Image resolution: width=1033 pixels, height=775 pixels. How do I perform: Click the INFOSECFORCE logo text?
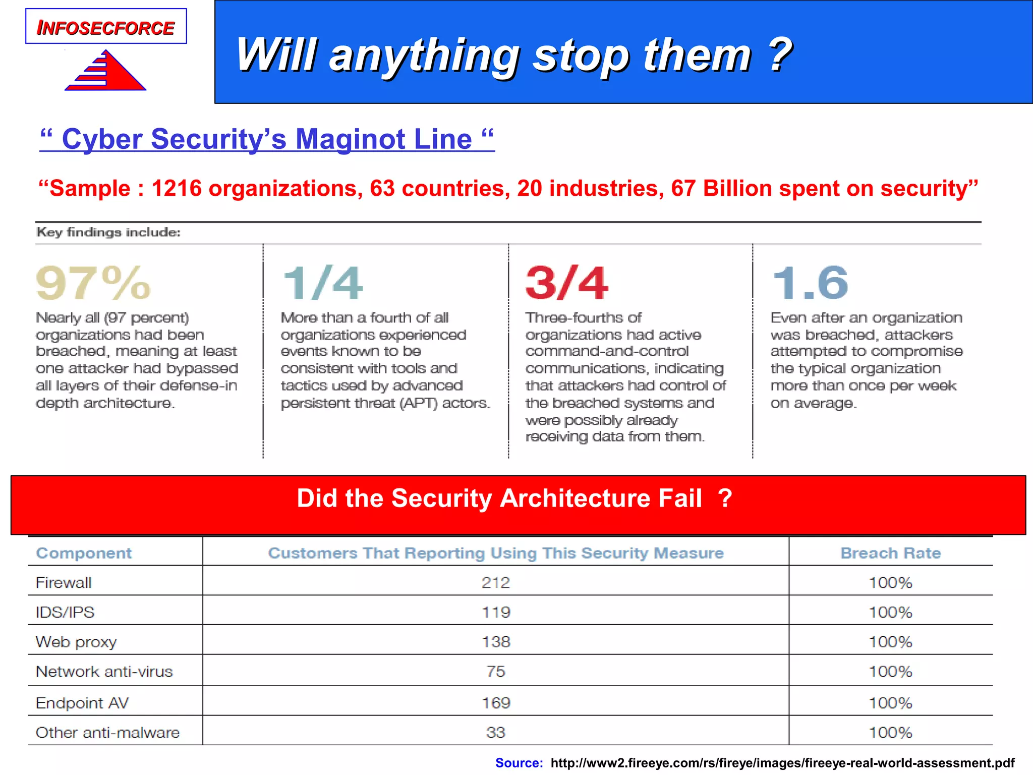[x=106, y=28]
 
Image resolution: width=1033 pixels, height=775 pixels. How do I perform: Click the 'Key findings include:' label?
[x=108, y=232]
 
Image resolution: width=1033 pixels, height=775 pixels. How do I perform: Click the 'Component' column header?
[x=84, y=553]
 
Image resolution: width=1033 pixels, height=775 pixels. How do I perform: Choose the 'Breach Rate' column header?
[x=890, y=553]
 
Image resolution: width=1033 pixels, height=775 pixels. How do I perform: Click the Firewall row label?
[x=64, y=583]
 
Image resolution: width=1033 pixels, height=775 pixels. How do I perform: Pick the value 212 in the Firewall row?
[x=496, y=583]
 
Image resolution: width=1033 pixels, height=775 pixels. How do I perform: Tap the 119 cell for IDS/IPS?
[x=496, y=613]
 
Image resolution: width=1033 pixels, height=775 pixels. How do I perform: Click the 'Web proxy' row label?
[x=76, y=642]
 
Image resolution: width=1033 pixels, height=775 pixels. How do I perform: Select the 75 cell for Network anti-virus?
[x=496, y=672]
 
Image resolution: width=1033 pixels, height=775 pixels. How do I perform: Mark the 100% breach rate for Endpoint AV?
[x=890, y=703]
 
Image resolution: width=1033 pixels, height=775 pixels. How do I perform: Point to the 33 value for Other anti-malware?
[x=496, y=733]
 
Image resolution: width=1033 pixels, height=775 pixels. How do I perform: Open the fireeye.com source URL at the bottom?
[x=782, y=763]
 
